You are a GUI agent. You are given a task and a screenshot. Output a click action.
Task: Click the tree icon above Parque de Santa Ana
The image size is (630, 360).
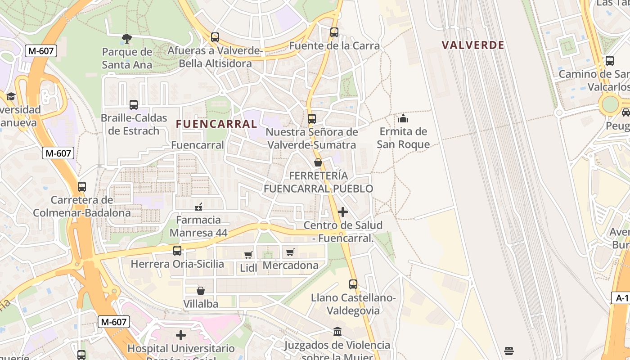click(127, 39)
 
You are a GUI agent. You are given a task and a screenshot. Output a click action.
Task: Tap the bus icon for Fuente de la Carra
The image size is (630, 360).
click(334, 32)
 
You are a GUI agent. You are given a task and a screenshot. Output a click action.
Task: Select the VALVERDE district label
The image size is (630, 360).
click(472, 45)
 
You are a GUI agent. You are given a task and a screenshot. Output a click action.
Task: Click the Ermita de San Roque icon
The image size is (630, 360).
click(403, 118)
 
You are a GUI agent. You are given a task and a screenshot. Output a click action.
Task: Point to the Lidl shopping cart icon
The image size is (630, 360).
click(248, 255)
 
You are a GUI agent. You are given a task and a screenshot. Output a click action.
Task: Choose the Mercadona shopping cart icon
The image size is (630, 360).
click(290, 252)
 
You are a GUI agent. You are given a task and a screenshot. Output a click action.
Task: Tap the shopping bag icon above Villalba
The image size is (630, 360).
click(201, 291)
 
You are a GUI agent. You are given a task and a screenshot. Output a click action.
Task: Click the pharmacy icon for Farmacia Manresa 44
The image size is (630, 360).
click(198, 207)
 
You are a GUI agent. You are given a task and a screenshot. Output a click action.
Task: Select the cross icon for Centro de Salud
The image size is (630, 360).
click(343, 212)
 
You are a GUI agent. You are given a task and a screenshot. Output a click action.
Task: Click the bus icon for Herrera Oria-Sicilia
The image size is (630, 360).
click(177, 251)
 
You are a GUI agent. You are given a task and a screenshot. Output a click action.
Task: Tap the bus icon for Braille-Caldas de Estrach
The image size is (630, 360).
click(134, 105)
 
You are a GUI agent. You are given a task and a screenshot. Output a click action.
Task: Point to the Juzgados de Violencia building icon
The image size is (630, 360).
click(337, 332)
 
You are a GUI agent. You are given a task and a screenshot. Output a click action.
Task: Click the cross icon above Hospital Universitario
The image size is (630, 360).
click(181, 335)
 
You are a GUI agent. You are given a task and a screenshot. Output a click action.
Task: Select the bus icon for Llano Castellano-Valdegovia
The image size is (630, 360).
click(353, 284)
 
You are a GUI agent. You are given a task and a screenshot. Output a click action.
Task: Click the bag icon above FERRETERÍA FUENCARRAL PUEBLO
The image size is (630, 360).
click(318, 162)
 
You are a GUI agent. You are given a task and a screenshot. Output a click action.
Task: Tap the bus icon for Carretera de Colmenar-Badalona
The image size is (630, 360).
click(82, 186)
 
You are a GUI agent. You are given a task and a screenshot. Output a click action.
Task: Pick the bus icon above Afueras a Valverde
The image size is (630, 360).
click(215, 37)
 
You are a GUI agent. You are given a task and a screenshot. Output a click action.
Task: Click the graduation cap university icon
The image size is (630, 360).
click(11, 96)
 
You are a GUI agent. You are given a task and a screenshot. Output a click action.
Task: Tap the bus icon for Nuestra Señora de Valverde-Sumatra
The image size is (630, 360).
click(311, 119)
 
